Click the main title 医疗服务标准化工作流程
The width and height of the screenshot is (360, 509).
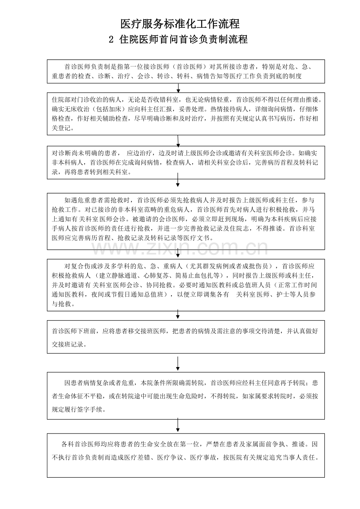pos(180,24)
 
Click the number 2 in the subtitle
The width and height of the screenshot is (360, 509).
pos(111,40)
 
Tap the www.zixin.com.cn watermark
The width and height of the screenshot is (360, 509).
pos(180,249)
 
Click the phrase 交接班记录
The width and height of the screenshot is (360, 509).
pos(67,345)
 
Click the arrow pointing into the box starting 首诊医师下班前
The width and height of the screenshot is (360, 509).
pos(178,314)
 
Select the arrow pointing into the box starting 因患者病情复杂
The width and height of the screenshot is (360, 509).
pos(178,363)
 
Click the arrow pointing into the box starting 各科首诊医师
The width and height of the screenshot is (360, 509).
pos(178,426)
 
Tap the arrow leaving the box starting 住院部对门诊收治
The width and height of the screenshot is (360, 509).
pos(178,141)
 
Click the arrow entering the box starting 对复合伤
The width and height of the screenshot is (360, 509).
pos(178,254)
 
